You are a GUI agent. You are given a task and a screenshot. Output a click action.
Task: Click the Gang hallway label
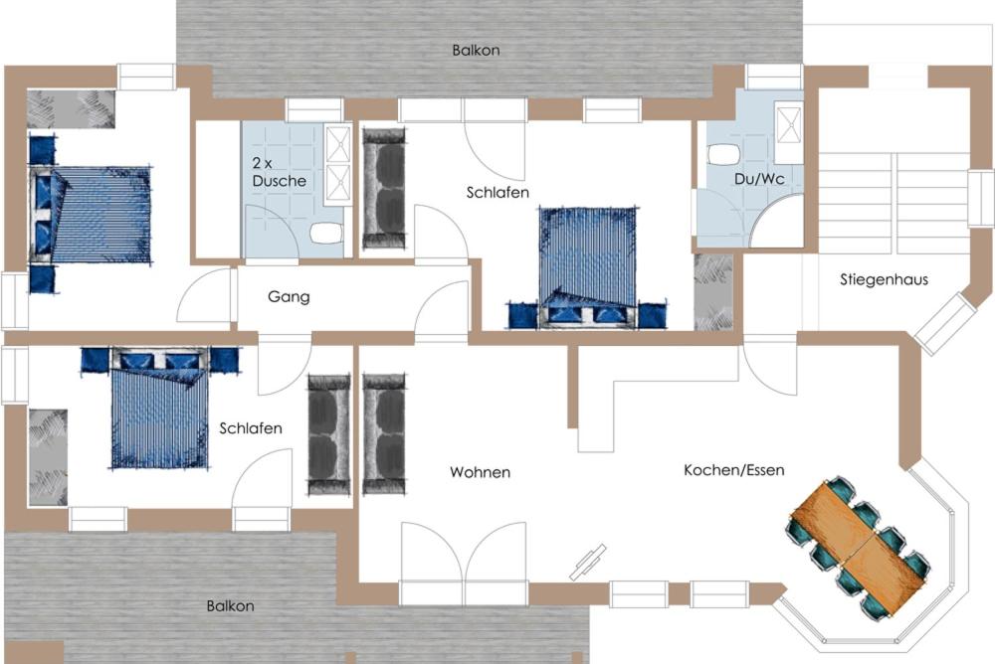(289, 297)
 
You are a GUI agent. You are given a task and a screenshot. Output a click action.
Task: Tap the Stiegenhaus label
(884, 279)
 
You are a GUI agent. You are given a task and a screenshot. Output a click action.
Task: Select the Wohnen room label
(481, 472)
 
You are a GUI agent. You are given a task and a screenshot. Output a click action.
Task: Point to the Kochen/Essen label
(734, 470)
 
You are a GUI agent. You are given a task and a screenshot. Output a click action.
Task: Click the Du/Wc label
(759, 179)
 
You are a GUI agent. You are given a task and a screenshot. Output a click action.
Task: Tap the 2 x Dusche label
(279, 172)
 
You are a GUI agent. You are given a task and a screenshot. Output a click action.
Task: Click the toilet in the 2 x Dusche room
(326, 233)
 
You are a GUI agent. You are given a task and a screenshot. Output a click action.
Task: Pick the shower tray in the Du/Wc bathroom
(789, 123)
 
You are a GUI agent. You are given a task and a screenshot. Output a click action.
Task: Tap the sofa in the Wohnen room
(384, 433)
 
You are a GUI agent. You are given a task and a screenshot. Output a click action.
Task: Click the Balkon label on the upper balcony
(476, 50)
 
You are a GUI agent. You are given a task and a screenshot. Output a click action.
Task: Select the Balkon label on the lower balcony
(231, 606)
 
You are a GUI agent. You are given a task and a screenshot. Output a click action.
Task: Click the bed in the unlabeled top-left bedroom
(91, 215)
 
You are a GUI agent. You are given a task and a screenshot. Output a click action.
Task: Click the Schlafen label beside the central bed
(497, 192)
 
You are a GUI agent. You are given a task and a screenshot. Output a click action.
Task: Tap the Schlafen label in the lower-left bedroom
(251, 428)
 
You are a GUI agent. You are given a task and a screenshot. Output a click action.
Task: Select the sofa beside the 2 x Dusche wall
(384, 188)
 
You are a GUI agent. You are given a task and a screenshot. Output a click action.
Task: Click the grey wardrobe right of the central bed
(713, 292)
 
